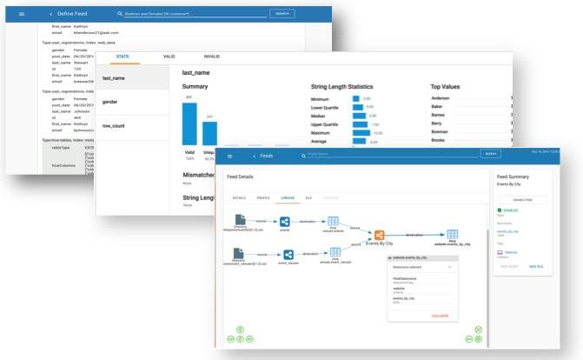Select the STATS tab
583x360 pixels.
click(x=123, y=57)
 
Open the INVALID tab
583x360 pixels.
click(x=211, y=57)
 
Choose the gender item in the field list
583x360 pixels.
click(x=110, y=102)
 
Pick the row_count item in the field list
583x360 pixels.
click(x=114, y=126)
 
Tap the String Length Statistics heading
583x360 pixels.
click(x=349, y=87)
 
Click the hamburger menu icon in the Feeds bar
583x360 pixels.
click(x=229, y=155)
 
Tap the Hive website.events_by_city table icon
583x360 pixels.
click(x=452, y=234)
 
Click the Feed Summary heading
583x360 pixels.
click(x=518, y=177)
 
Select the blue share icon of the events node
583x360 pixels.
click(x=285, y=222)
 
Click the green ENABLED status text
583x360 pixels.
click(x=511, y=210)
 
